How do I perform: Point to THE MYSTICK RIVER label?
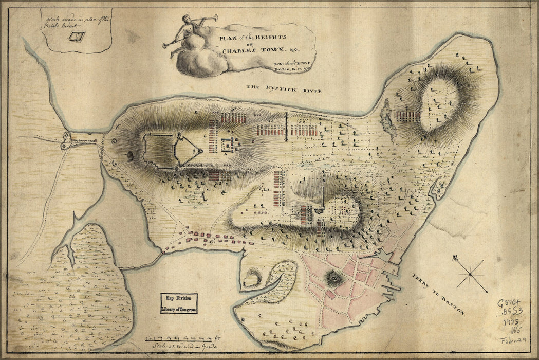(284, 89)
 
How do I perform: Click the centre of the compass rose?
(470, 274)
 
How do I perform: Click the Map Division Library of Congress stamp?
(178, 303)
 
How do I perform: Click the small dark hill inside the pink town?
(334, 279)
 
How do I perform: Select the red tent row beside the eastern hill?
(408, 116)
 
